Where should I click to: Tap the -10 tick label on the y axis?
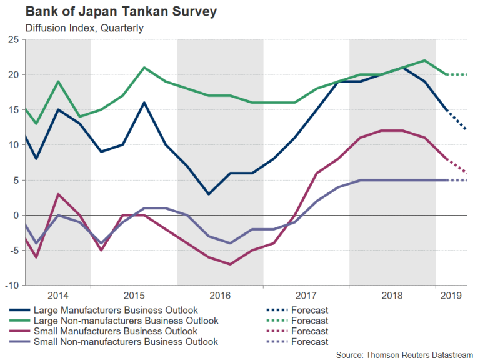12,285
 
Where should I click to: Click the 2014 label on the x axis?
57,296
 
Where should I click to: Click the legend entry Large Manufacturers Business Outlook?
115,310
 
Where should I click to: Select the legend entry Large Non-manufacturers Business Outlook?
126,321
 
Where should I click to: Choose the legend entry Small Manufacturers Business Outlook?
115,331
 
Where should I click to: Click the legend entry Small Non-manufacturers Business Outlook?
125,342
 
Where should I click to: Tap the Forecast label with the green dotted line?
309,321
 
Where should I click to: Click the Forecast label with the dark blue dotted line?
309,310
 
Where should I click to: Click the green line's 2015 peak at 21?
144,67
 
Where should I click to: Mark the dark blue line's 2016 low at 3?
208,194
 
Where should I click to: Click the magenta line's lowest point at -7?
231,264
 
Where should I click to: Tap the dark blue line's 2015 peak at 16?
144,102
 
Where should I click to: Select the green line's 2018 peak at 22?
424,61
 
